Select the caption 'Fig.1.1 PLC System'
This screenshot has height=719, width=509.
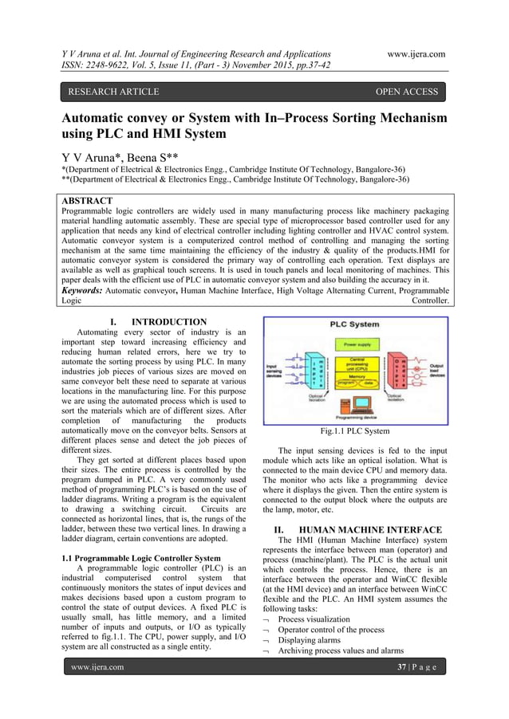[354, 431]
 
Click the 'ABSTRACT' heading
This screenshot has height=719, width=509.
[88, 201]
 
